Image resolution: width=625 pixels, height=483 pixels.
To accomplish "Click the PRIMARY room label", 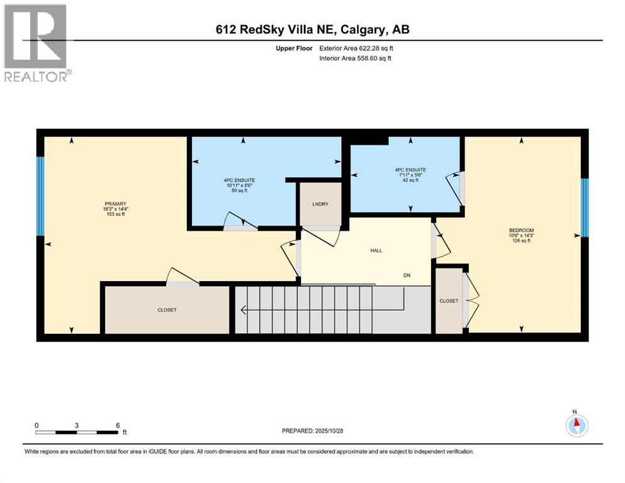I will point(116,203).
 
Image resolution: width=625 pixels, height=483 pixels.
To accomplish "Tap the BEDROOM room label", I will point(521,230).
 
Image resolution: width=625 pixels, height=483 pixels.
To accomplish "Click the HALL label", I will point(376,250).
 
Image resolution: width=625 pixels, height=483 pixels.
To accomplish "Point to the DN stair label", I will point(407,275).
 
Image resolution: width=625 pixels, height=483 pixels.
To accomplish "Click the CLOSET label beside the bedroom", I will point(449,301).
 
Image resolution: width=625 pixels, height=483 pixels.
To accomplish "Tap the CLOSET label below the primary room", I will point(167,310).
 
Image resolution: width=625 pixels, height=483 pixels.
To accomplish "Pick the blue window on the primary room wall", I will point(40,195).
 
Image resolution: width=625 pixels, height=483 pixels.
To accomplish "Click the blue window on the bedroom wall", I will point(584,208).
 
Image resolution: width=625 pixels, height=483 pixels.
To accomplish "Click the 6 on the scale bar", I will point(118,425).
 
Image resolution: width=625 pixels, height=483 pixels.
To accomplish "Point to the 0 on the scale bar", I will point(37,425).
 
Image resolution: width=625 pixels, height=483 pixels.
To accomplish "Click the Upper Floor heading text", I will point(295,48).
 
